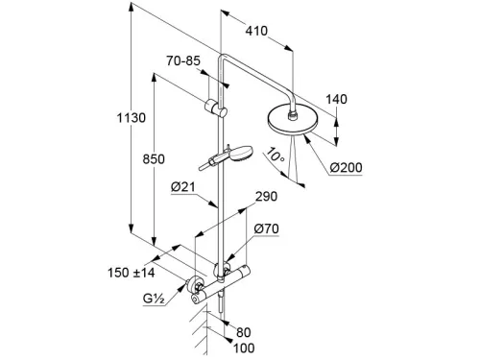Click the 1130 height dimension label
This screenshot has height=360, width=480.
(x=132, y=118)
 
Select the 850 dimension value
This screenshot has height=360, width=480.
(x=154, y=159)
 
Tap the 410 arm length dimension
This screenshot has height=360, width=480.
(x=256, y=31)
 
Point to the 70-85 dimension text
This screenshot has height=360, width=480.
(x=183, y=60)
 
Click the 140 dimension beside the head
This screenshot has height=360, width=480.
(x=336, y=99)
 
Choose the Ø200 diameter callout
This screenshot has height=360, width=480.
(x=346, y=168)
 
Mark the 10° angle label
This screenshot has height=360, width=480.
(x=275, y=156)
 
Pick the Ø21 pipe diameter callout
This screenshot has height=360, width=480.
(x=183, y=186)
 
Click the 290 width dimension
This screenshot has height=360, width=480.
(x=267, y=196)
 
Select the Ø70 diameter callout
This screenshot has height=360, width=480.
(x=267, y=228)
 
